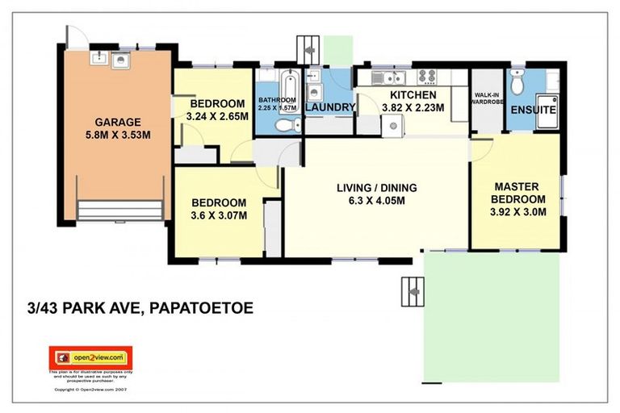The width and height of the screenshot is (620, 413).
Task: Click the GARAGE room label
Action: [x=118, y=123]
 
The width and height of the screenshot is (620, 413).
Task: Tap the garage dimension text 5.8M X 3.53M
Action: [x=118, y=135]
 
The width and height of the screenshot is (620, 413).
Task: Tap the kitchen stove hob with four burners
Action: [x=426, y=77]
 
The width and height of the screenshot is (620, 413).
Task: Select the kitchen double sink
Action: [x=392, y=77]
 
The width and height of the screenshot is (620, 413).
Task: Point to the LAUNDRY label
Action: [x=329, y=107]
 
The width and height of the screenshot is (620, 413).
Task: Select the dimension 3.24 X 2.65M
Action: [x=217, y=116]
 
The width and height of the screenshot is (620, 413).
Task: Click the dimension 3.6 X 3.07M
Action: [x=217, y=215]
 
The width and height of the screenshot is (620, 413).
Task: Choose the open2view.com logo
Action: [x=90, y=357]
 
